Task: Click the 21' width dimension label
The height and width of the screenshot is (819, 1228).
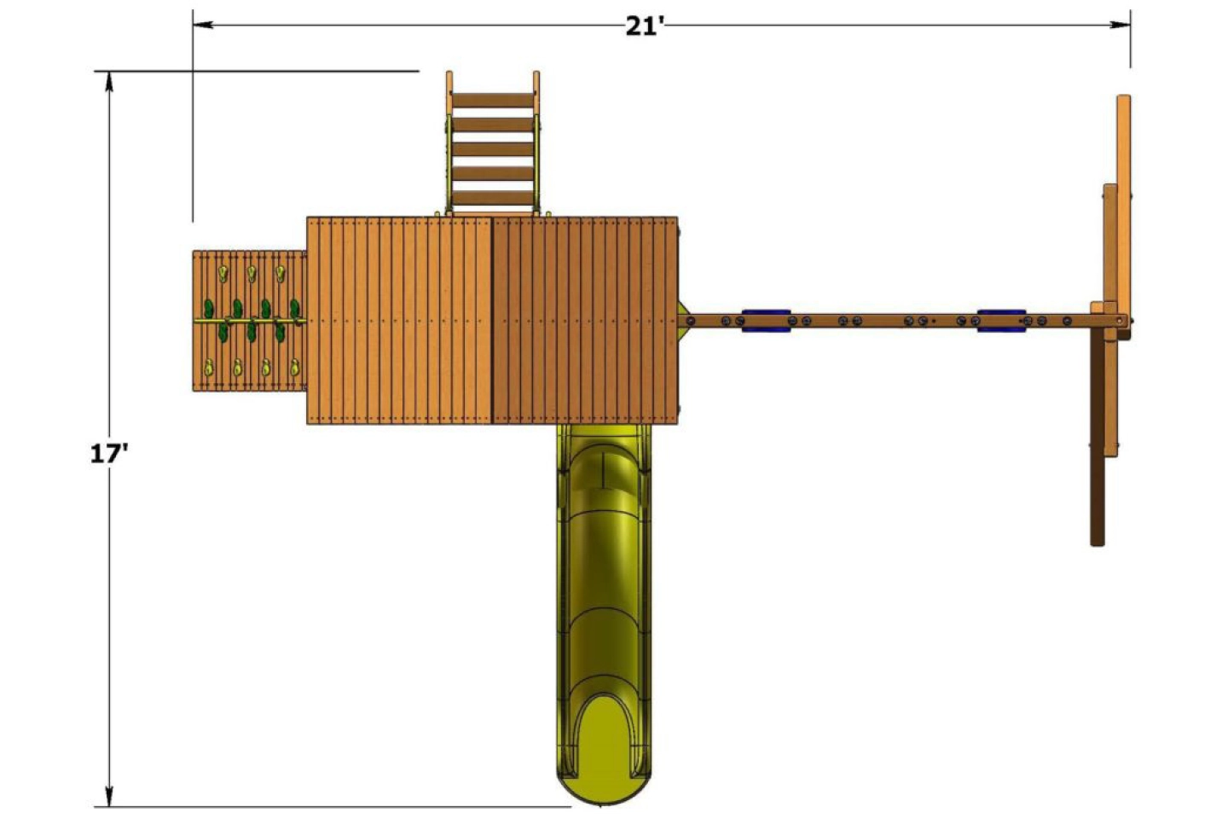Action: tap(644, 26)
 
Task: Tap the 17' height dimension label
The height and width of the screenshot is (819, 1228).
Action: tap(109, 453)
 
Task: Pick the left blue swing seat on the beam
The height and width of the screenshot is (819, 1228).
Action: tap(765, 320)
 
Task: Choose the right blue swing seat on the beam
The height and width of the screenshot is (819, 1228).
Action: tap(1001, 320)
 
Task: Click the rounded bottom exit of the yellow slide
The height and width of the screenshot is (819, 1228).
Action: tap(604, 768)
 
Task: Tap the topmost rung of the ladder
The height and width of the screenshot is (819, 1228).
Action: tap(492, 101)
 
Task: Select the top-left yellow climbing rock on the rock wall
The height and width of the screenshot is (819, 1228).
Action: tap(223, 274)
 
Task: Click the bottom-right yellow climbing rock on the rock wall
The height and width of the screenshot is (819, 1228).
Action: tap(294, 368)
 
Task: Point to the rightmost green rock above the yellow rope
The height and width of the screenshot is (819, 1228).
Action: tap(294, 306)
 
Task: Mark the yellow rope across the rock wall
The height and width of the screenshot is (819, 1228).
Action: tap(249, 322)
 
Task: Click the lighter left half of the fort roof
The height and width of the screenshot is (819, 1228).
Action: tap(399, 321)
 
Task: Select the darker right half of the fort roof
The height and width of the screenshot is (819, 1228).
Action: tap(585, 321)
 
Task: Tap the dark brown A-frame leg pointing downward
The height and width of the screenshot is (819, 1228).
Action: tap(1098, 444)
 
